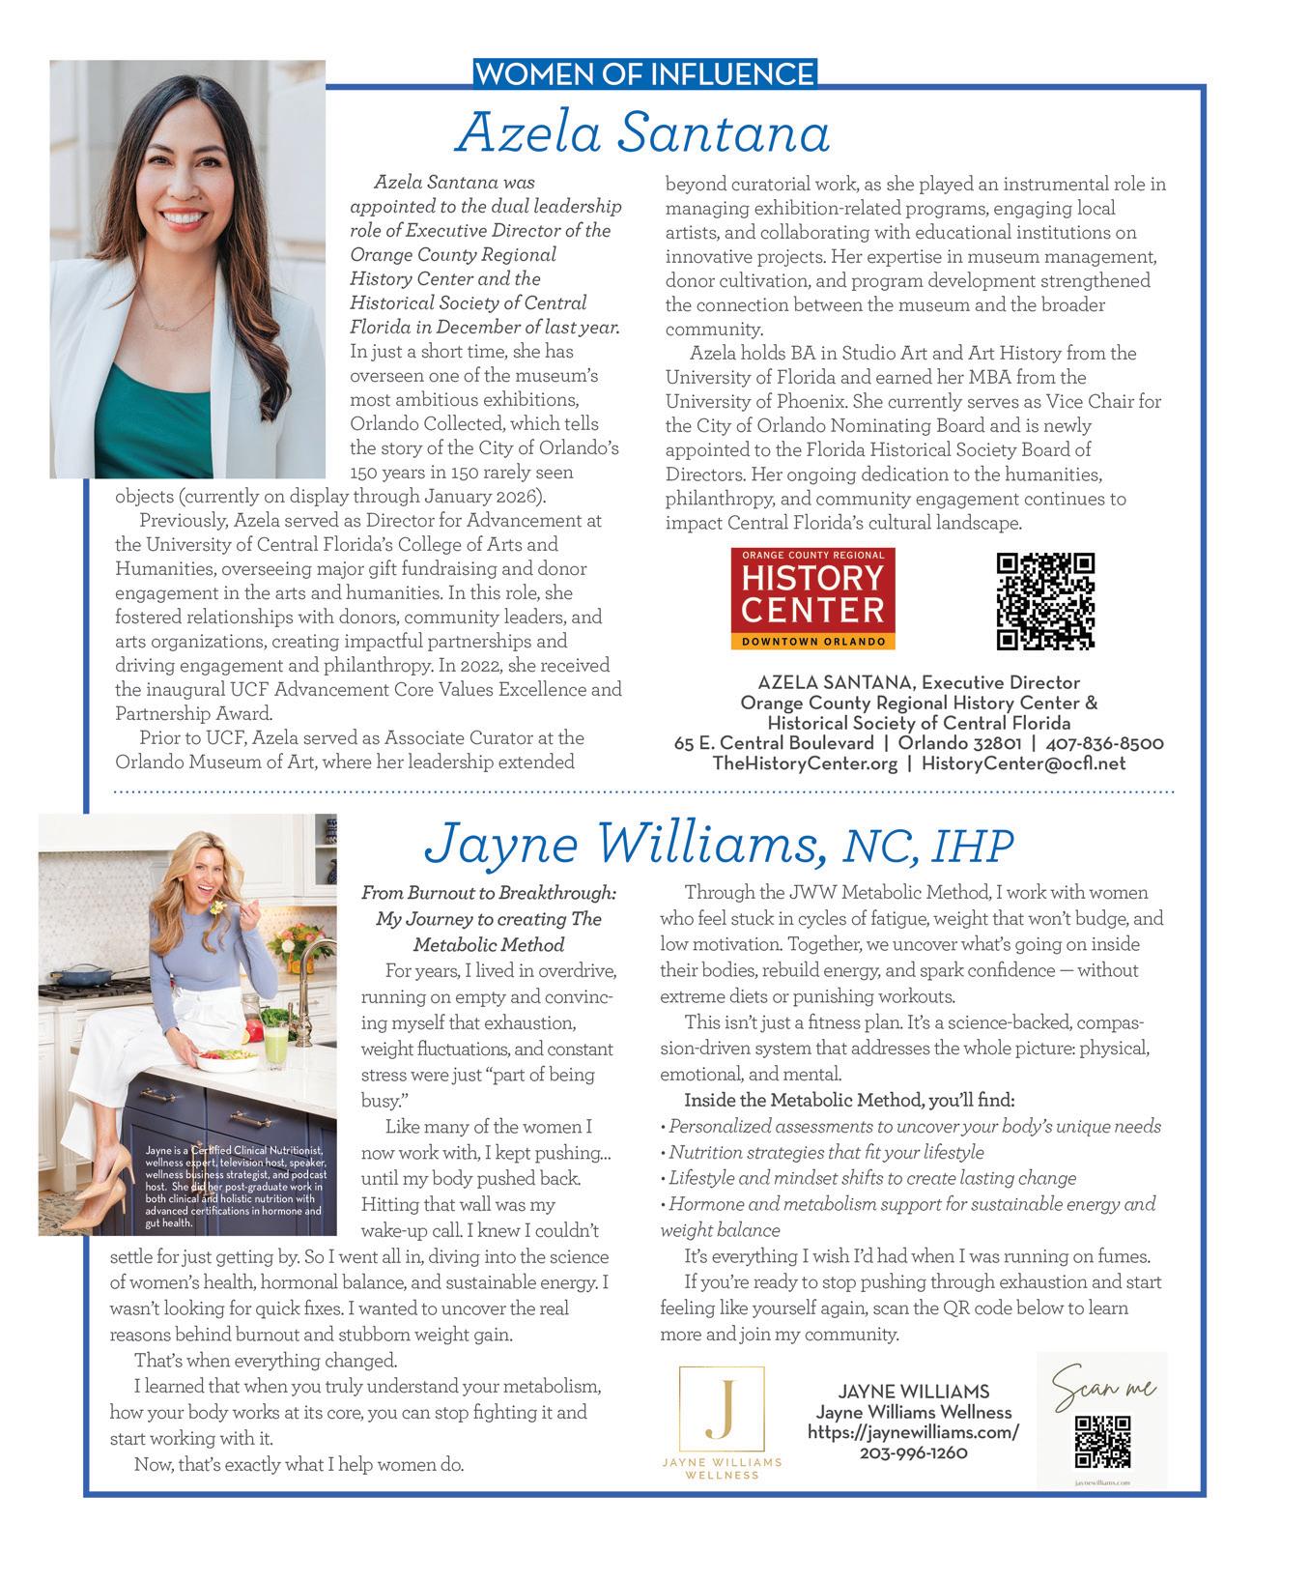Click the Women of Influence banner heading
coord(645,73)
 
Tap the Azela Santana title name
coord(642,133)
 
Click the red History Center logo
coord(813,598)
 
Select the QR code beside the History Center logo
coord(1044,600)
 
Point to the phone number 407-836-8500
coord(1106,743)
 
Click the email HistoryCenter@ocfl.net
coord(1023,763)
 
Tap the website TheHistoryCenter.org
coord(805,763)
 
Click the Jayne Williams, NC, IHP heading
coord(719,844)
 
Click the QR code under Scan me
coord(1102,1441)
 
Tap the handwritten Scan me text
coord(1102,1389)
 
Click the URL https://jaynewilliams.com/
coord(913,1432)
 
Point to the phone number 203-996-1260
coord(913,1452)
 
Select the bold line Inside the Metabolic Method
coord(849,1100)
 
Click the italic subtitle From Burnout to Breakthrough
coord(488,893)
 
